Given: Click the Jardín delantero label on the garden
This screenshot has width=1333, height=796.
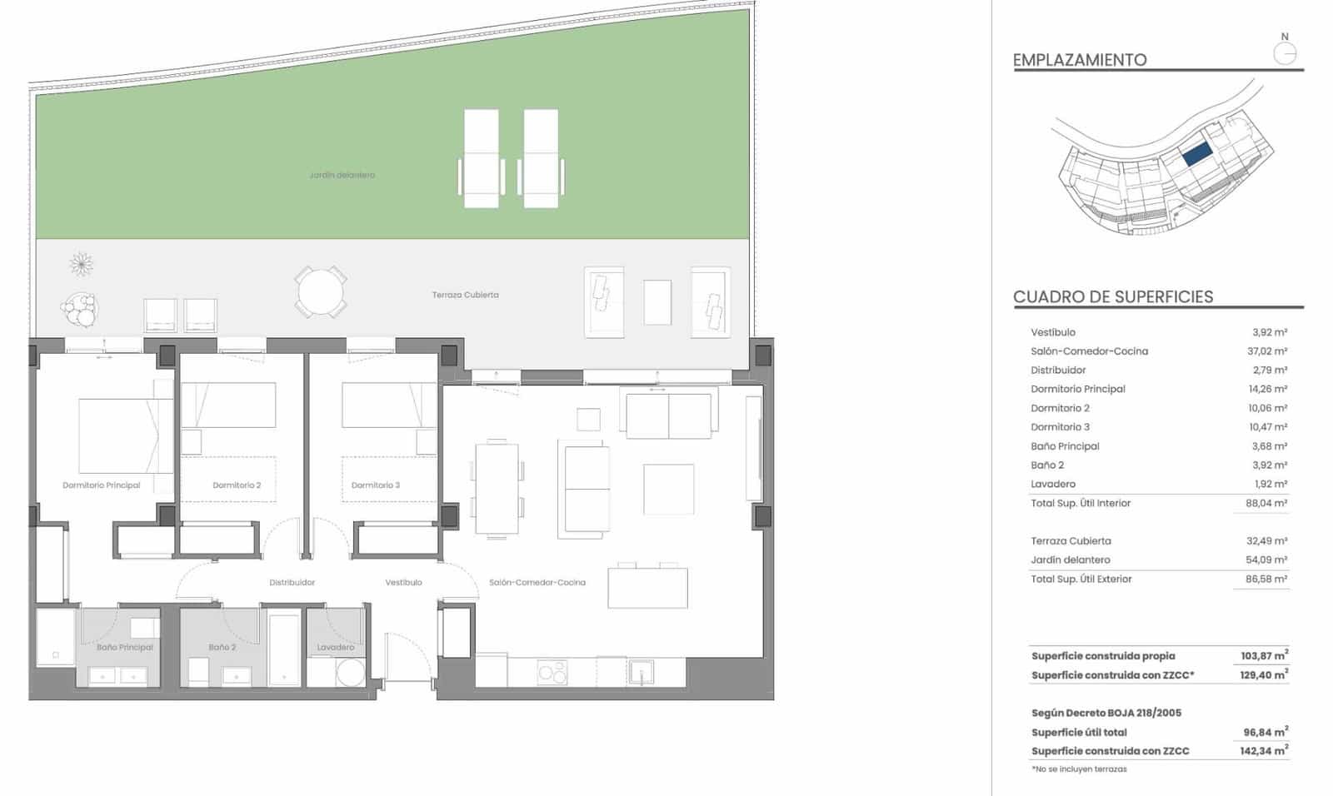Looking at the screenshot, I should (x=342, y=175).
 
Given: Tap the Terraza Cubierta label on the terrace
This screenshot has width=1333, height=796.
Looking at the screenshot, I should (x=465, y=295).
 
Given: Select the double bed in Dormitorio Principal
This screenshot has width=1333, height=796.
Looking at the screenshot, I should (x=125, y=435).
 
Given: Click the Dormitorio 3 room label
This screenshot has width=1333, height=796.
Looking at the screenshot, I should (x=375, y=485).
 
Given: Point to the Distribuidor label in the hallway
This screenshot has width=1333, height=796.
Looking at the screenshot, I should (x=292, y=582).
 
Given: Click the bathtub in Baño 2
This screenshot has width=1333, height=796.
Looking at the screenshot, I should (x=284, y=649).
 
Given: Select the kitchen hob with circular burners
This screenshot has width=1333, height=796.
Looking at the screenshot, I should (x=552, y=671).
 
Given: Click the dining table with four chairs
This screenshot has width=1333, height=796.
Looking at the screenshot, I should (x=497, y=489).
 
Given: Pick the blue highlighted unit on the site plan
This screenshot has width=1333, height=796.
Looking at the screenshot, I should (x=1196, y=153).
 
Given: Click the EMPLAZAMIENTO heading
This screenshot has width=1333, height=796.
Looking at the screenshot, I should (x=1080, y=60).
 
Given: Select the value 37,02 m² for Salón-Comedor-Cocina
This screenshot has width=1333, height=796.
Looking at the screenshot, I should (x=1266, y=351).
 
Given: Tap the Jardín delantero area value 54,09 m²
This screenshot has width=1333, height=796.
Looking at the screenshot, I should (x=1266, y=560).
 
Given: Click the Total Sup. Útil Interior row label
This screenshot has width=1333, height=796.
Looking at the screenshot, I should (x=1081, y=503).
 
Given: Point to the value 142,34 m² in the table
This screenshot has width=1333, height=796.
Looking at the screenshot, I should (x=1263, y=750).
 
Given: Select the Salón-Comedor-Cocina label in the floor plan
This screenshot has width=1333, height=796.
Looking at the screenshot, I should (x=537, y=582).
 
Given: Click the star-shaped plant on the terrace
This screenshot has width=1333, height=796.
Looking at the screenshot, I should (x=81, y=265).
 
